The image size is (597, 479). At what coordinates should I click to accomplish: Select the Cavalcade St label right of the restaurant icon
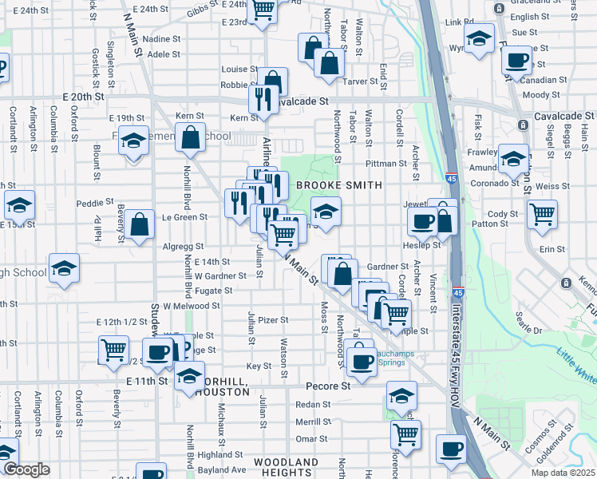pos(302,101)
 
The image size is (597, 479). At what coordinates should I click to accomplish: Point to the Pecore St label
pos(328,386)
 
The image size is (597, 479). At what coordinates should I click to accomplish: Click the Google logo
pos(26,469)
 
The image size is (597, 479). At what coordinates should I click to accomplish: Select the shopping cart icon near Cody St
pos(542,213)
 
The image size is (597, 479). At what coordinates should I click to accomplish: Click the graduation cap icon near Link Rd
pos(479,38)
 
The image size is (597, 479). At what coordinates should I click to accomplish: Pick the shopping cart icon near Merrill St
pos(406,434)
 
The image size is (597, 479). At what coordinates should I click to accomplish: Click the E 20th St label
pos(84,96)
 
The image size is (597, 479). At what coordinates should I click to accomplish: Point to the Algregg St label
pos(184,247)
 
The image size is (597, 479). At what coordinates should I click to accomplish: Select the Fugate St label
pos(214,291)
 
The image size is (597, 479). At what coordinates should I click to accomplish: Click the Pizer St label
pos(272,320)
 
